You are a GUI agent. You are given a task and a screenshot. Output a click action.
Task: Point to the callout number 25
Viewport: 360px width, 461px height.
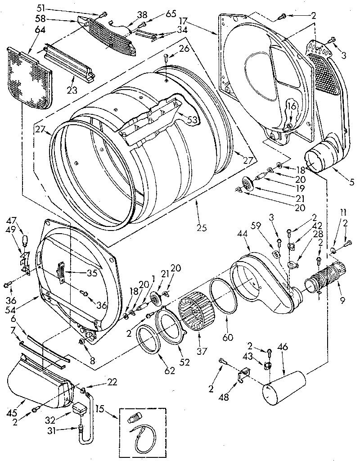pos(201,228)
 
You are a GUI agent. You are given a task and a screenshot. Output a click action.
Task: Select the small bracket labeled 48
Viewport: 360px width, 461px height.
pos(243,374)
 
